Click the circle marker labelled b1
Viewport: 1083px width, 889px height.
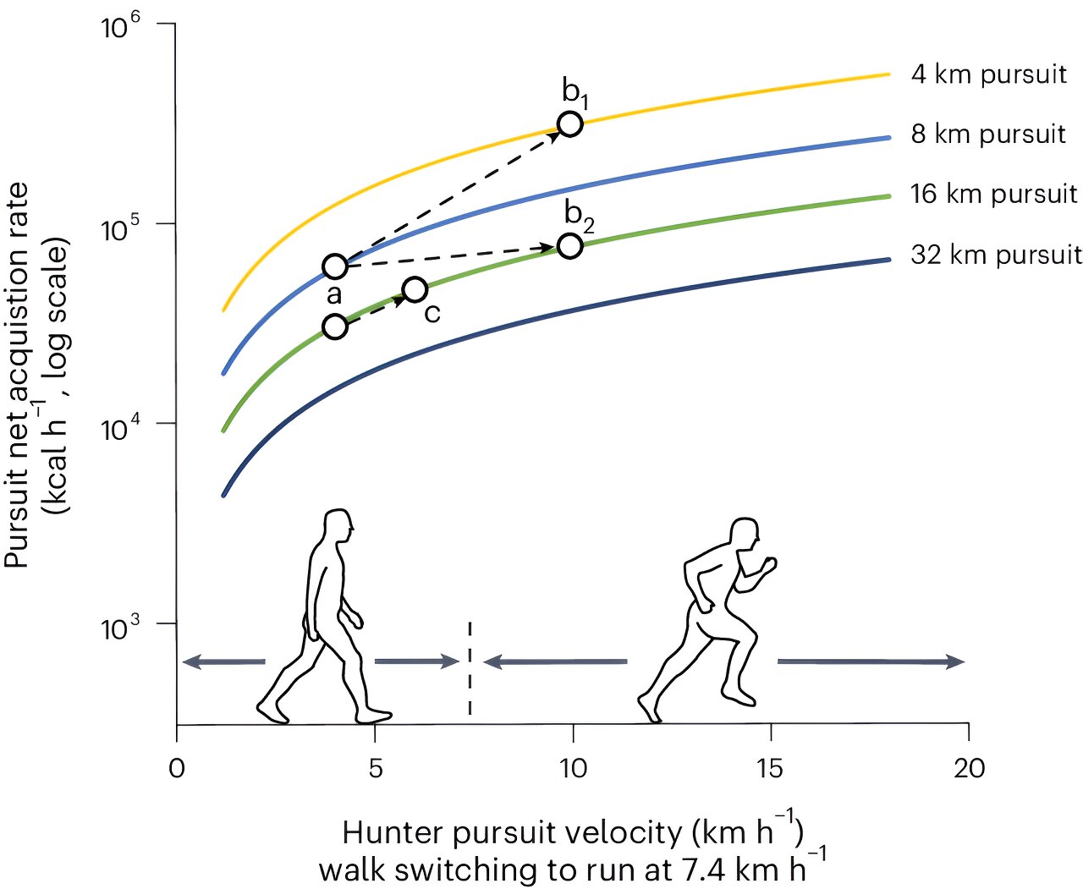click(571, 124)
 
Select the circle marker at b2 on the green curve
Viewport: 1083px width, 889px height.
click(571, 246)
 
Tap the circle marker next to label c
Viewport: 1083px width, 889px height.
click(415, 290)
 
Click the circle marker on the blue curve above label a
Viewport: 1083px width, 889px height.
click(336, 267)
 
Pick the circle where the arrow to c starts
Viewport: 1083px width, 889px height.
click(336, 327)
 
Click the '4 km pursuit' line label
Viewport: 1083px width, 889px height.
click(988, 74)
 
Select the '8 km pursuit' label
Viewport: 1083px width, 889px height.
click(988, 134)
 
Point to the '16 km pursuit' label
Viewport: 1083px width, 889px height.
click(993, 195)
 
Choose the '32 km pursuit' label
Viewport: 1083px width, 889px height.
click(996, 255)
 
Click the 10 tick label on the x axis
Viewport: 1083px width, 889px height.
click(573, 768)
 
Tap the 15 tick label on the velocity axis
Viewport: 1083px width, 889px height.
click(771, 768)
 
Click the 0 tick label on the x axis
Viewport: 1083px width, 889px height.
click(177, 768)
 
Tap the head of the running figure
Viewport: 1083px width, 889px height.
click(744, 533)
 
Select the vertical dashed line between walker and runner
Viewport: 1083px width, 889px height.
click(470, 668)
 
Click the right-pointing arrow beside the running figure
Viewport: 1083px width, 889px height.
click(871, 661)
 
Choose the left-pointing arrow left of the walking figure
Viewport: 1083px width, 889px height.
click(223, 661)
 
